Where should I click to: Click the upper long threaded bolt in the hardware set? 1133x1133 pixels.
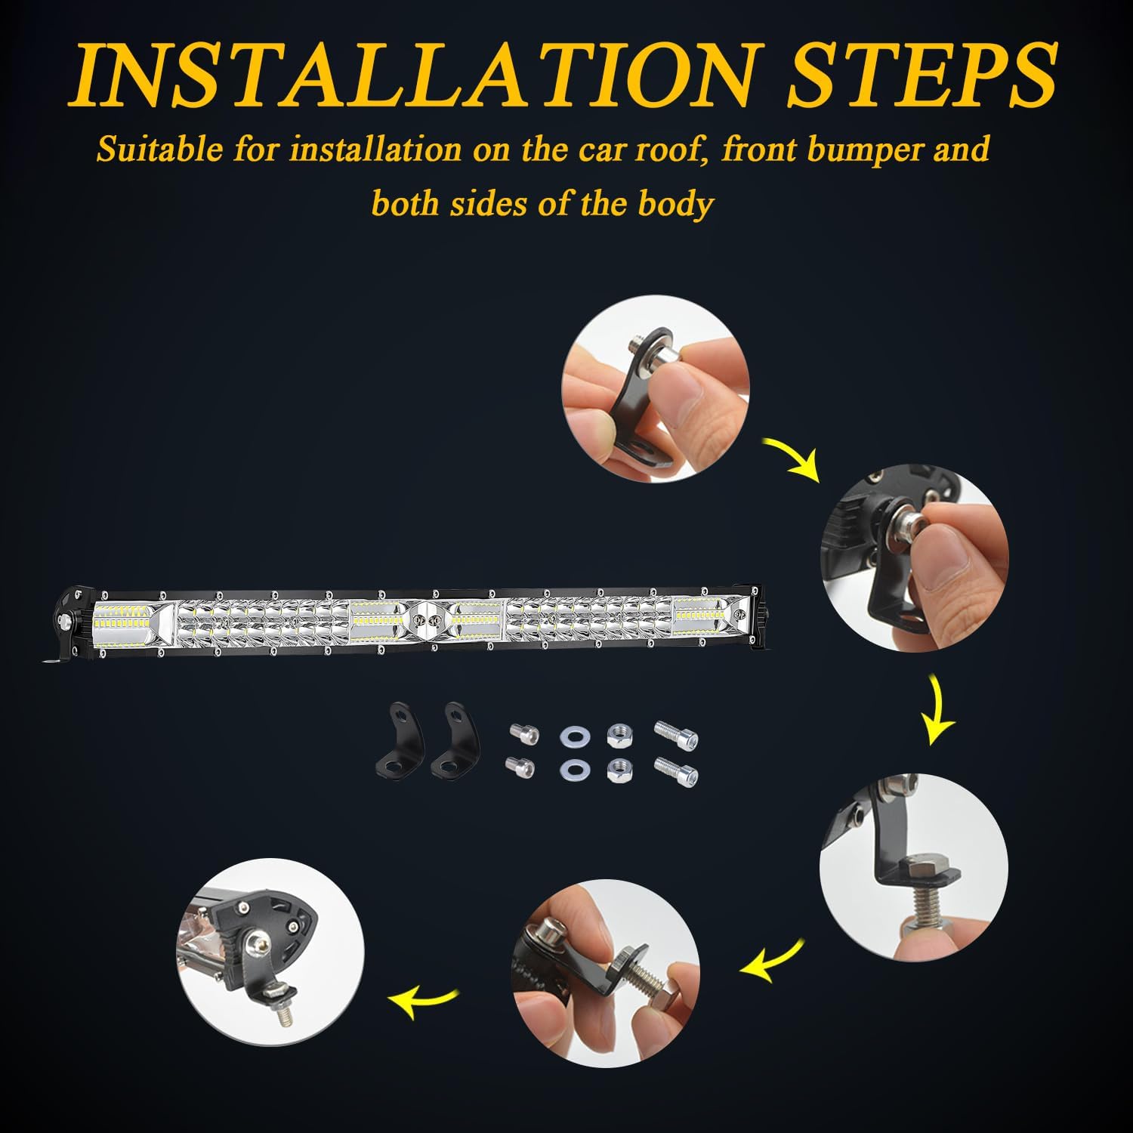click(x=676, y=733)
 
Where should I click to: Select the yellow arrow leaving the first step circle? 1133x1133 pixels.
click(x=793, y=457)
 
